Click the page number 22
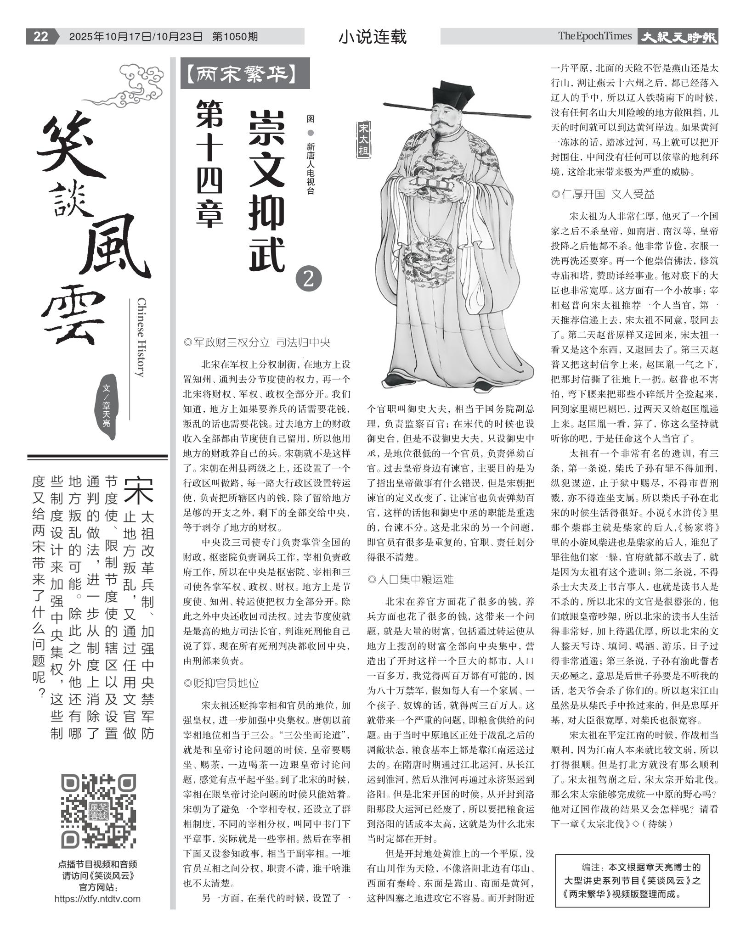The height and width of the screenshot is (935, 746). tap(40, 36)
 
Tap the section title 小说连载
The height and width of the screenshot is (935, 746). tap(372, 37)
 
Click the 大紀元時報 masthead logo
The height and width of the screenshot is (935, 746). tap(678, 37)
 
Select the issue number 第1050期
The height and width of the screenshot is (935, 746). tap(235, 37)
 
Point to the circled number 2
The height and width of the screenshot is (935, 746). tap(309, 279)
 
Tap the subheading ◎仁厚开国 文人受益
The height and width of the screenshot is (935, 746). tap(602, 194)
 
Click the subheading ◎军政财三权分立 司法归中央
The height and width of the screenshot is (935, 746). tap(256, 342)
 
